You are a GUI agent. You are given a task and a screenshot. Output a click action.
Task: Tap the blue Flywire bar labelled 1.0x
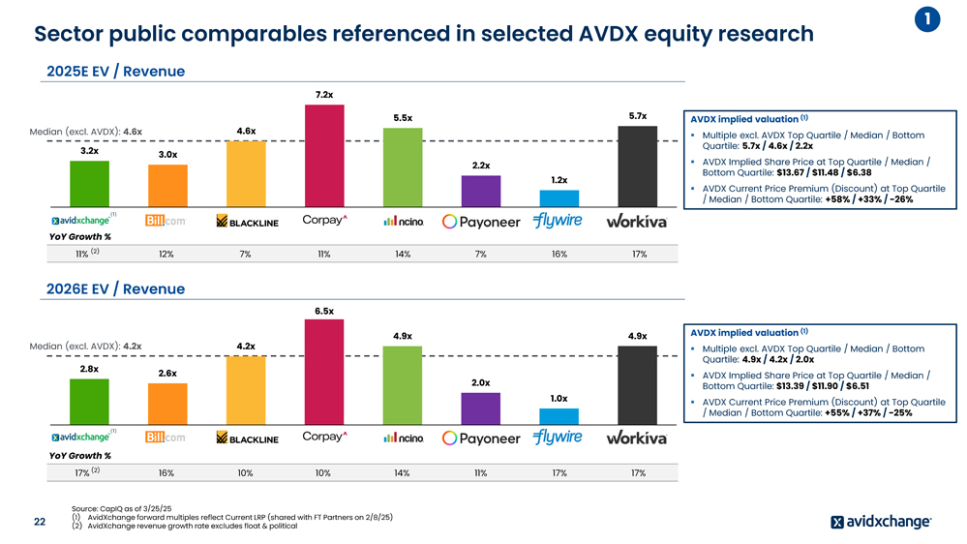point(559,415)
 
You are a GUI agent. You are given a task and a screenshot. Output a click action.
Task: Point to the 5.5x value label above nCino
point(403,118)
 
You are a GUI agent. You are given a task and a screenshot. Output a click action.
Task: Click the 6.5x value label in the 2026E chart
point(324,311)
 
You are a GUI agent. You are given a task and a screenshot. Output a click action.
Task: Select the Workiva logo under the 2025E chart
point(636,222)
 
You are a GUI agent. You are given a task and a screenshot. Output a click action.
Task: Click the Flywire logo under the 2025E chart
point(558,221)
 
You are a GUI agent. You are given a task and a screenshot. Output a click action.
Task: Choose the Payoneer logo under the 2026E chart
point(481,438)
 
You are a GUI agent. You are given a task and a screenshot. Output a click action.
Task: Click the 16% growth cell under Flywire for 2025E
point(559,255)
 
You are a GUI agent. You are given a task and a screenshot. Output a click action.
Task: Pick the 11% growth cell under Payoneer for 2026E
point(481,473)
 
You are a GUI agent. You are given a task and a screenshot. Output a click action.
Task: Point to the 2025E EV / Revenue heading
point(115,72)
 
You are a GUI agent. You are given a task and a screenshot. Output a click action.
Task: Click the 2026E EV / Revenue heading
point(115,288)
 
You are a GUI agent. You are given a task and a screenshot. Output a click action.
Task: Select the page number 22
point(40,522)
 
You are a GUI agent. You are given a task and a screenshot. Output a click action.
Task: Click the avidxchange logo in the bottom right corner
point(880,523)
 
